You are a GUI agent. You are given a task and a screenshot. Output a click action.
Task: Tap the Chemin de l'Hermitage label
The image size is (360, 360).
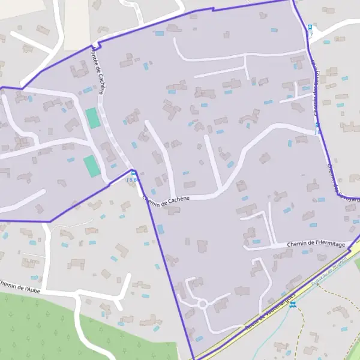click(316, 244)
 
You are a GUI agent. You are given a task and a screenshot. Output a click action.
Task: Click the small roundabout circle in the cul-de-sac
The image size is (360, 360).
click(203, 304)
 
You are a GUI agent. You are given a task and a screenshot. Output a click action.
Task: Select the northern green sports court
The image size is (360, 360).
click(92, 117)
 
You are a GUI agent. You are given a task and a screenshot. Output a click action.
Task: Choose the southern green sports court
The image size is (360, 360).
click(90, 166)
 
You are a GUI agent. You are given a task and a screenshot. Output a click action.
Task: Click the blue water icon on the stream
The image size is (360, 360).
click(292, 305)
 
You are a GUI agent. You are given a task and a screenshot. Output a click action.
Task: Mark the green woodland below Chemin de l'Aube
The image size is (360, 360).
click(36, 330)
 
